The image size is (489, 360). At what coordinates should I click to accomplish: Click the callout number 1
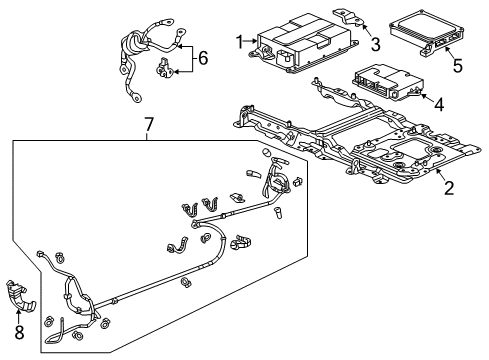239,41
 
